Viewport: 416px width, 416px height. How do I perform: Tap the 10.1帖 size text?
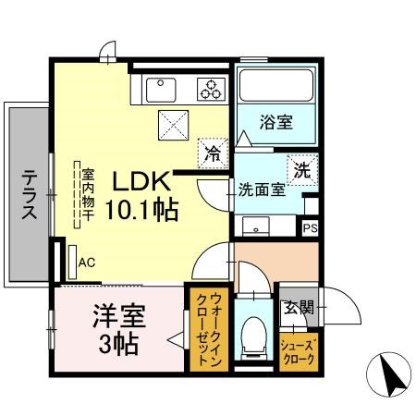[141, 209]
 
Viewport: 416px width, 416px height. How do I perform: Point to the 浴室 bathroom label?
[275, 121]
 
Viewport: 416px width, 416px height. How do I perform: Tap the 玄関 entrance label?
[298, 308]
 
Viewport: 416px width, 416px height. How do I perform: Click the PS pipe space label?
[310, 227]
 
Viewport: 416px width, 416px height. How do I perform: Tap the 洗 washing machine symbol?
[302, 169]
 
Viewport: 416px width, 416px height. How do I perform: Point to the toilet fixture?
[250, 337]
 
